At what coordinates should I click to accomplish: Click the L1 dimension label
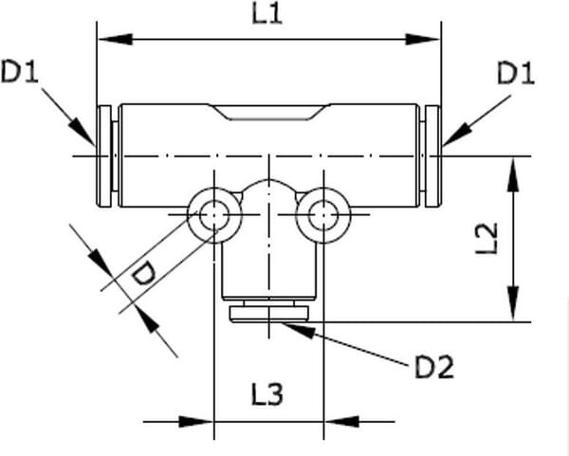point(268,16)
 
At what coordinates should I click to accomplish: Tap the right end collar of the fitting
point(432,155)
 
